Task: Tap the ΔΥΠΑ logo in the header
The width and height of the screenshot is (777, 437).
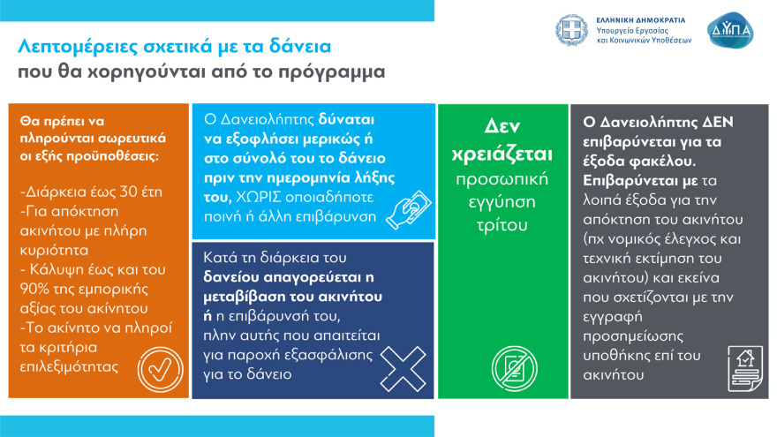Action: [731, 31]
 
